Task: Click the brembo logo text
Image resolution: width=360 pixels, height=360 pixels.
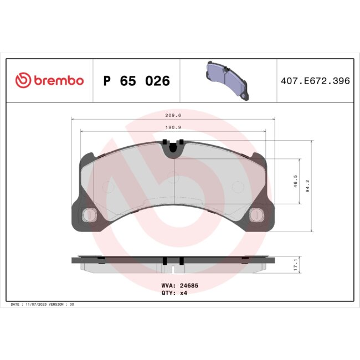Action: pos(58,81)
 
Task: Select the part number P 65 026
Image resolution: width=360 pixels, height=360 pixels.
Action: pos(137,81)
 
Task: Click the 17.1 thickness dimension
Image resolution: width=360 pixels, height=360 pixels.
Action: pos(296,264)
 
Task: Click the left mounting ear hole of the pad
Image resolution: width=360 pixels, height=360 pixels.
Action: pos(88,214)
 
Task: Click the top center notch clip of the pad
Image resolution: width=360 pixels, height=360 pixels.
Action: pos(174,147)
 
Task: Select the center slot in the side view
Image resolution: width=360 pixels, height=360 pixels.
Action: pos(174,269)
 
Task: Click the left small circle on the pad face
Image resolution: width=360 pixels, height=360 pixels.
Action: pos(109,187)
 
